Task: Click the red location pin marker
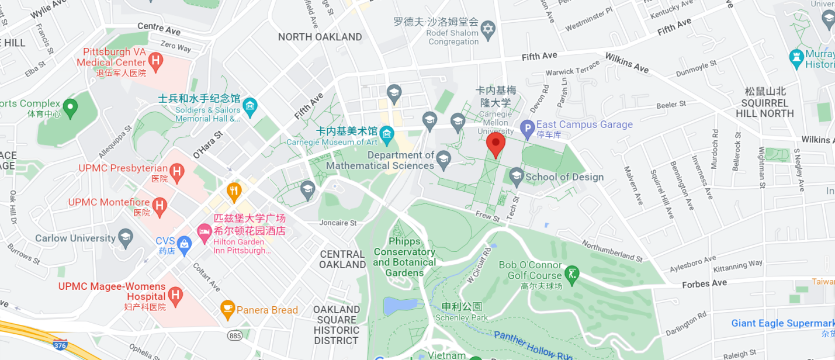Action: coord(496,144)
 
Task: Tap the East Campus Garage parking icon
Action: coord(527,128)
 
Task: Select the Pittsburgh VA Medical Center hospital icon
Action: coord(155,60)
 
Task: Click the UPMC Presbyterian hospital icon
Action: coord(176,171)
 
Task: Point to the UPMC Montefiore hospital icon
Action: coord(159,206)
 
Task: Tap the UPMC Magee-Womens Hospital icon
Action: coord(175,295)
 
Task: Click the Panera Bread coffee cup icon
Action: coord(227,309)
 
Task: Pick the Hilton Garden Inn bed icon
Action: coord(204,231)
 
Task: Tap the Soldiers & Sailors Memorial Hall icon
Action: coord(250,106)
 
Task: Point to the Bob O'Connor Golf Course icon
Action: coord(572,273)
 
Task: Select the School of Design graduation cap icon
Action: coord(516,175)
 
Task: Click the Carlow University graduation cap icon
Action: coord(125,237)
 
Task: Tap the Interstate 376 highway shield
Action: coord(60,344)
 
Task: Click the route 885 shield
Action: coord(235,335)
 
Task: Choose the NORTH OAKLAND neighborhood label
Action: coord(320,37)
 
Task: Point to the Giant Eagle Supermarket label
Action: coord(782,323)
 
